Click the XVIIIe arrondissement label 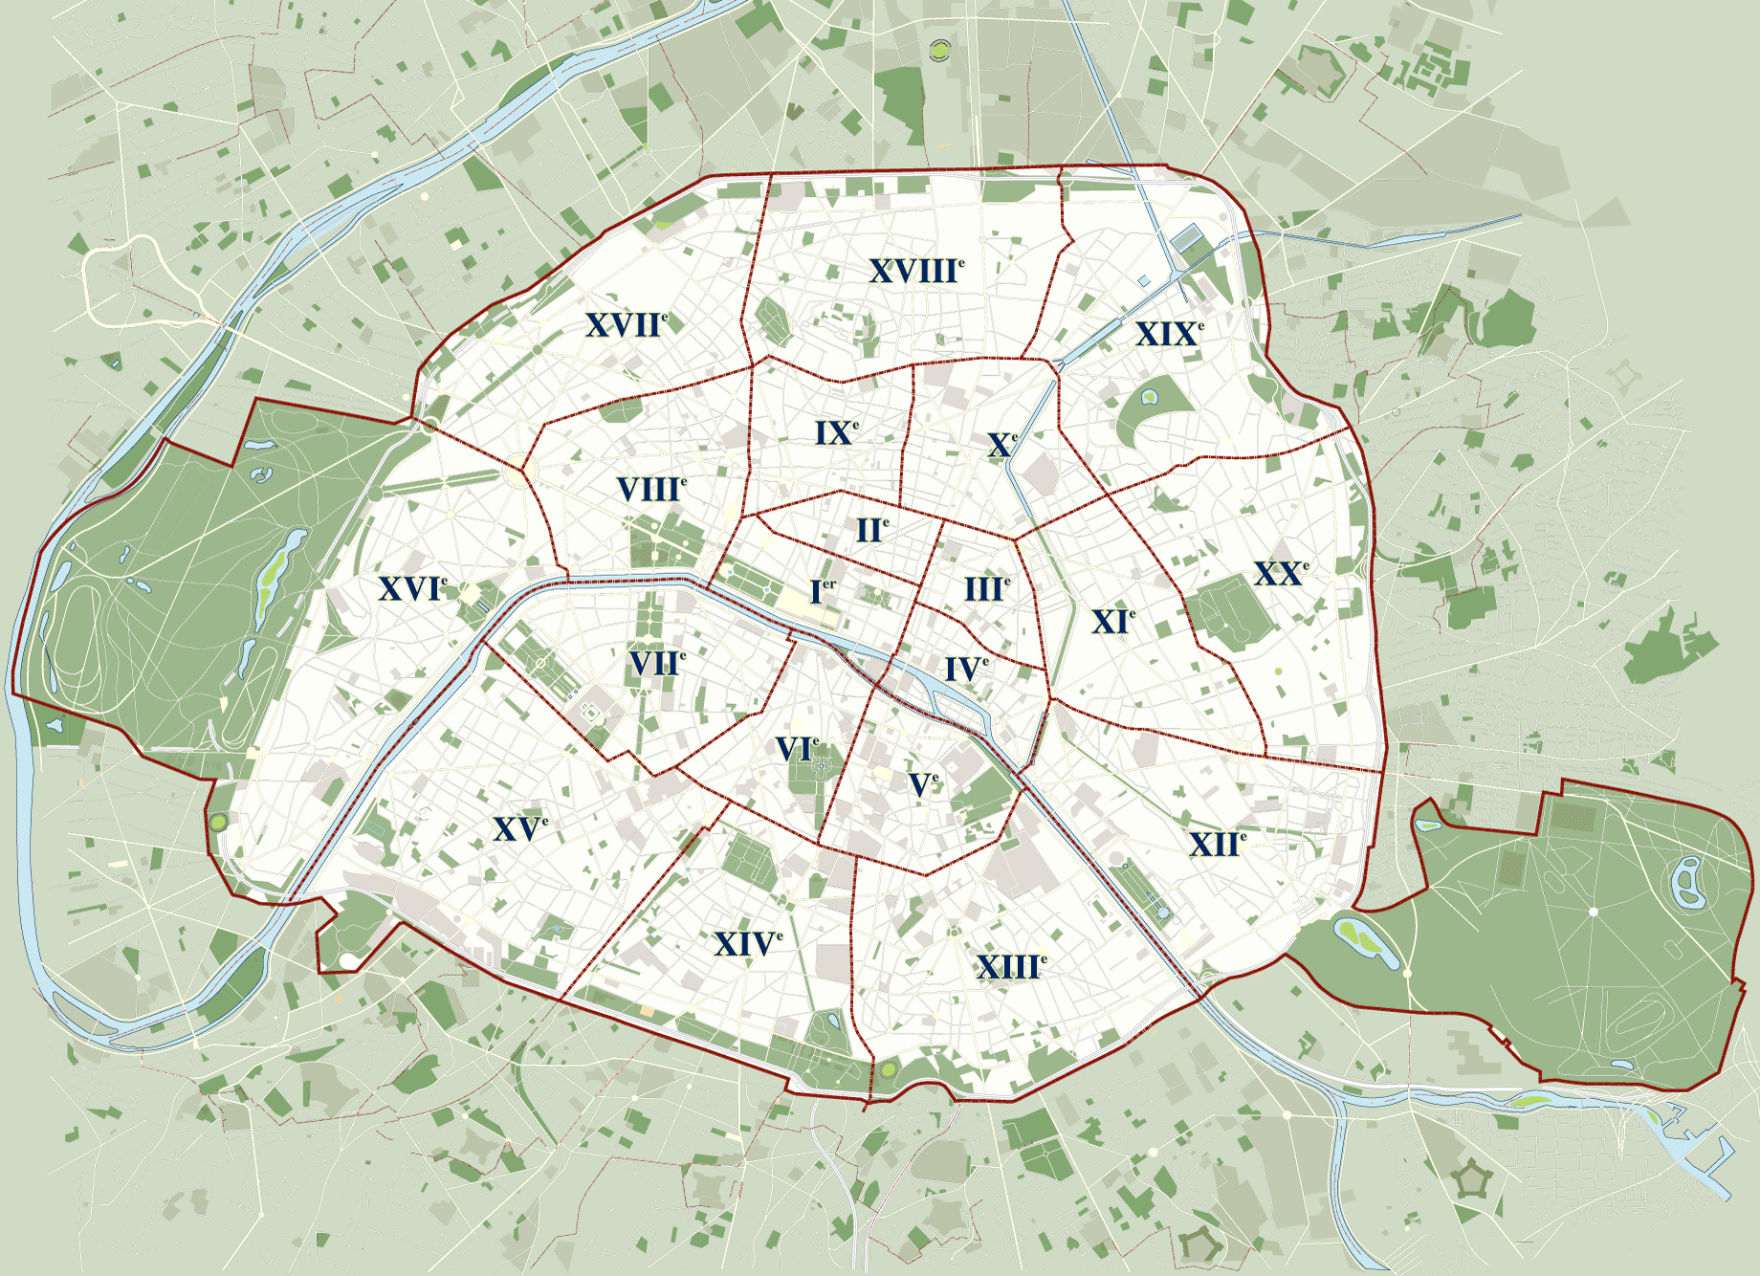click(915, 272)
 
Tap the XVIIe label click(626, 325)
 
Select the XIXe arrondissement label click(1168, 334)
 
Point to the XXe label click(1280, 574)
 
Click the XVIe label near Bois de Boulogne click(412, 588)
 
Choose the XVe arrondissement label click(519, 828)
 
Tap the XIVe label click(747, 944)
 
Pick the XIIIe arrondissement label click(1010, 967)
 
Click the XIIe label click(1217, 844)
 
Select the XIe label click(1112, 622)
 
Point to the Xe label click(1001, 445)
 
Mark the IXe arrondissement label click(835, 432)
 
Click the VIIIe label click(650, 490)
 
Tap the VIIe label click(656, 663)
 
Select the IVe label click(965, 669)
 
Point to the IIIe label click(986, 588)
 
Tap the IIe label click(871, 530)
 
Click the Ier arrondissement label click(822, 591)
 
